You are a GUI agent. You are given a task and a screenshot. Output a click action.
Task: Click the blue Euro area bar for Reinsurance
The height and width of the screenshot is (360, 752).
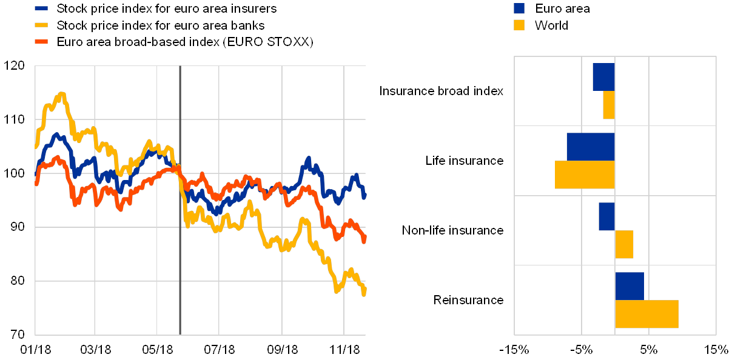tap(629, 286)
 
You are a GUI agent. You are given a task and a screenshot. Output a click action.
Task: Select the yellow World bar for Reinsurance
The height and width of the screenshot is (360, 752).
tap(646, 314)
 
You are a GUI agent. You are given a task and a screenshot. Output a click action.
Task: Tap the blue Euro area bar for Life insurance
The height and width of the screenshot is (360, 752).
tap(591, 147)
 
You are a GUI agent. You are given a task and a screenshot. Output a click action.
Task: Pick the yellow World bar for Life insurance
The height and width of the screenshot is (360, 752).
tap(585, 175)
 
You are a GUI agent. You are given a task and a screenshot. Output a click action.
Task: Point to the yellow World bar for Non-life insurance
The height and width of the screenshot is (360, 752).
tap(624, 244)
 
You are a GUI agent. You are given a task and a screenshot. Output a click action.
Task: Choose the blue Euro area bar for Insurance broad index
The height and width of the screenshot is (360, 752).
tap(603, 77)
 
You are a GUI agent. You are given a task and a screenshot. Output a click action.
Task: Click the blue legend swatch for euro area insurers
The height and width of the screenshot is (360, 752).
tap(41, 8)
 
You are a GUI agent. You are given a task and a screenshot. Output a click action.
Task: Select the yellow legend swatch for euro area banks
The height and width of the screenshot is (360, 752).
tap(41, 25)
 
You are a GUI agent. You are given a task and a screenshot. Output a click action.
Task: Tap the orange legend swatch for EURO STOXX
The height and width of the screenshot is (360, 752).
tap(41, 42)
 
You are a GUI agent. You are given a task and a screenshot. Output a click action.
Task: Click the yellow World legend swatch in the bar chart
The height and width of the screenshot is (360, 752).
tap(519, 25)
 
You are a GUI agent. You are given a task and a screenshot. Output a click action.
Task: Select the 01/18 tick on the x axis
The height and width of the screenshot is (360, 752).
tap(35, 350)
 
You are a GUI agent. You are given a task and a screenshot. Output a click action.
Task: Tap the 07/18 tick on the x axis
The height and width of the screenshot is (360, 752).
tap(219, 350)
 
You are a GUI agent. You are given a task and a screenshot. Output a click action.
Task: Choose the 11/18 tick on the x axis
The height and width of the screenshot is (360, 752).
tap(344, 350)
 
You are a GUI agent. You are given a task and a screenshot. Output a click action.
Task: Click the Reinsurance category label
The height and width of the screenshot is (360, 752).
tap(470, 300)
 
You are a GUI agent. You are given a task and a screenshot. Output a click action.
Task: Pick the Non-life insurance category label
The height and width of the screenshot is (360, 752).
tap(454, 230)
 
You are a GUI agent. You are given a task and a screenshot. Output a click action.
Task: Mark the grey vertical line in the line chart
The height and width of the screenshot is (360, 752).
tap(180, 200)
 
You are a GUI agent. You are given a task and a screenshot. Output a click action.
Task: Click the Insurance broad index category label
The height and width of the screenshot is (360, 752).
tap(444, 92)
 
